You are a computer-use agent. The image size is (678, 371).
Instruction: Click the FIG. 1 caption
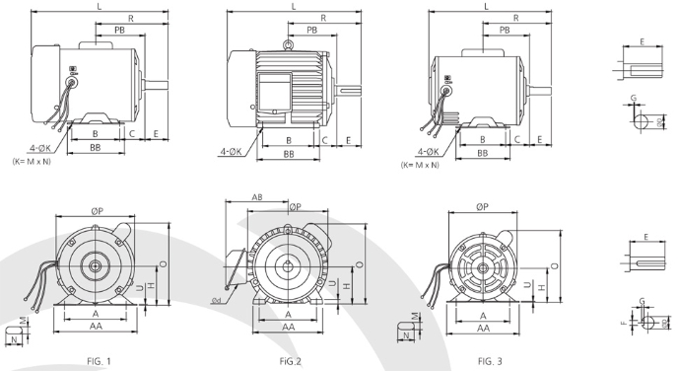pyautogui.click(x=99, y=361)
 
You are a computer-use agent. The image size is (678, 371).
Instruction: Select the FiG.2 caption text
pyautogui.click(x=290, y=361)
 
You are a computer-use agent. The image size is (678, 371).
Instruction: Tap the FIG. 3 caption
pyautogui.click(x=490, y=361)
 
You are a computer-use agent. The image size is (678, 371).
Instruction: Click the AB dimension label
pyautogui.click(x=257, y=197)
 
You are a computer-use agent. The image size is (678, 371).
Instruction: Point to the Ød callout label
pyautogui.click(x=216, y=300)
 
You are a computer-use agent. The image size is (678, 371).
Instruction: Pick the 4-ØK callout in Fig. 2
pyautogui.click(x=231, y=152)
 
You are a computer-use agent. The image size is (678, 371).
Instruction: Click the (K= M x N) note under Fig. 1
pyautogui.click(x=32, y=162)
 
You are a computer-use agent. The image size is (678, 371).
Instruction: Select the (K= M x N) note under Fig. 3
pyautogui.click(x=420, y=165)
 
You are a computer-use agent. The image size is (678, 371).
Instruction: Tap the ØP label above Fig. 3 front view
pyautogui.click(x=482, y=207)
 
